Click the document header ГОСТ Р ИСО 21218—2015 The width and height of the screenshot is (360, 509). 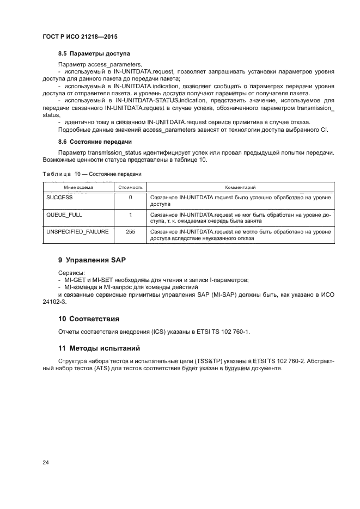click(x=80, y=36)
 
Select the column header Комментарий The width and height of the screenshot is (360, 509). click(x=240, y=187)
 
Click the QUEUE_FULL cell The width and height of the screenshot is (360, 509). click(x=64, y=214)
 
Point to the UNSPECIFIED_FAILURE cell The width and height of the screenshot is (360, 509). click(x=77, y=232)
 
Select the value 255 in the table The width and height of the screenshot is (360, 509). click(x=130, y=232)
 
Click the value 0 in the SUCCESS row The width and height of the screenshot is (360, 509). click(x=130, y=197)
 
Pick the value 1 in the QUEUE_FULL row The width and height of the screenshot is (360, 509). click(x=130, y=214)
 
